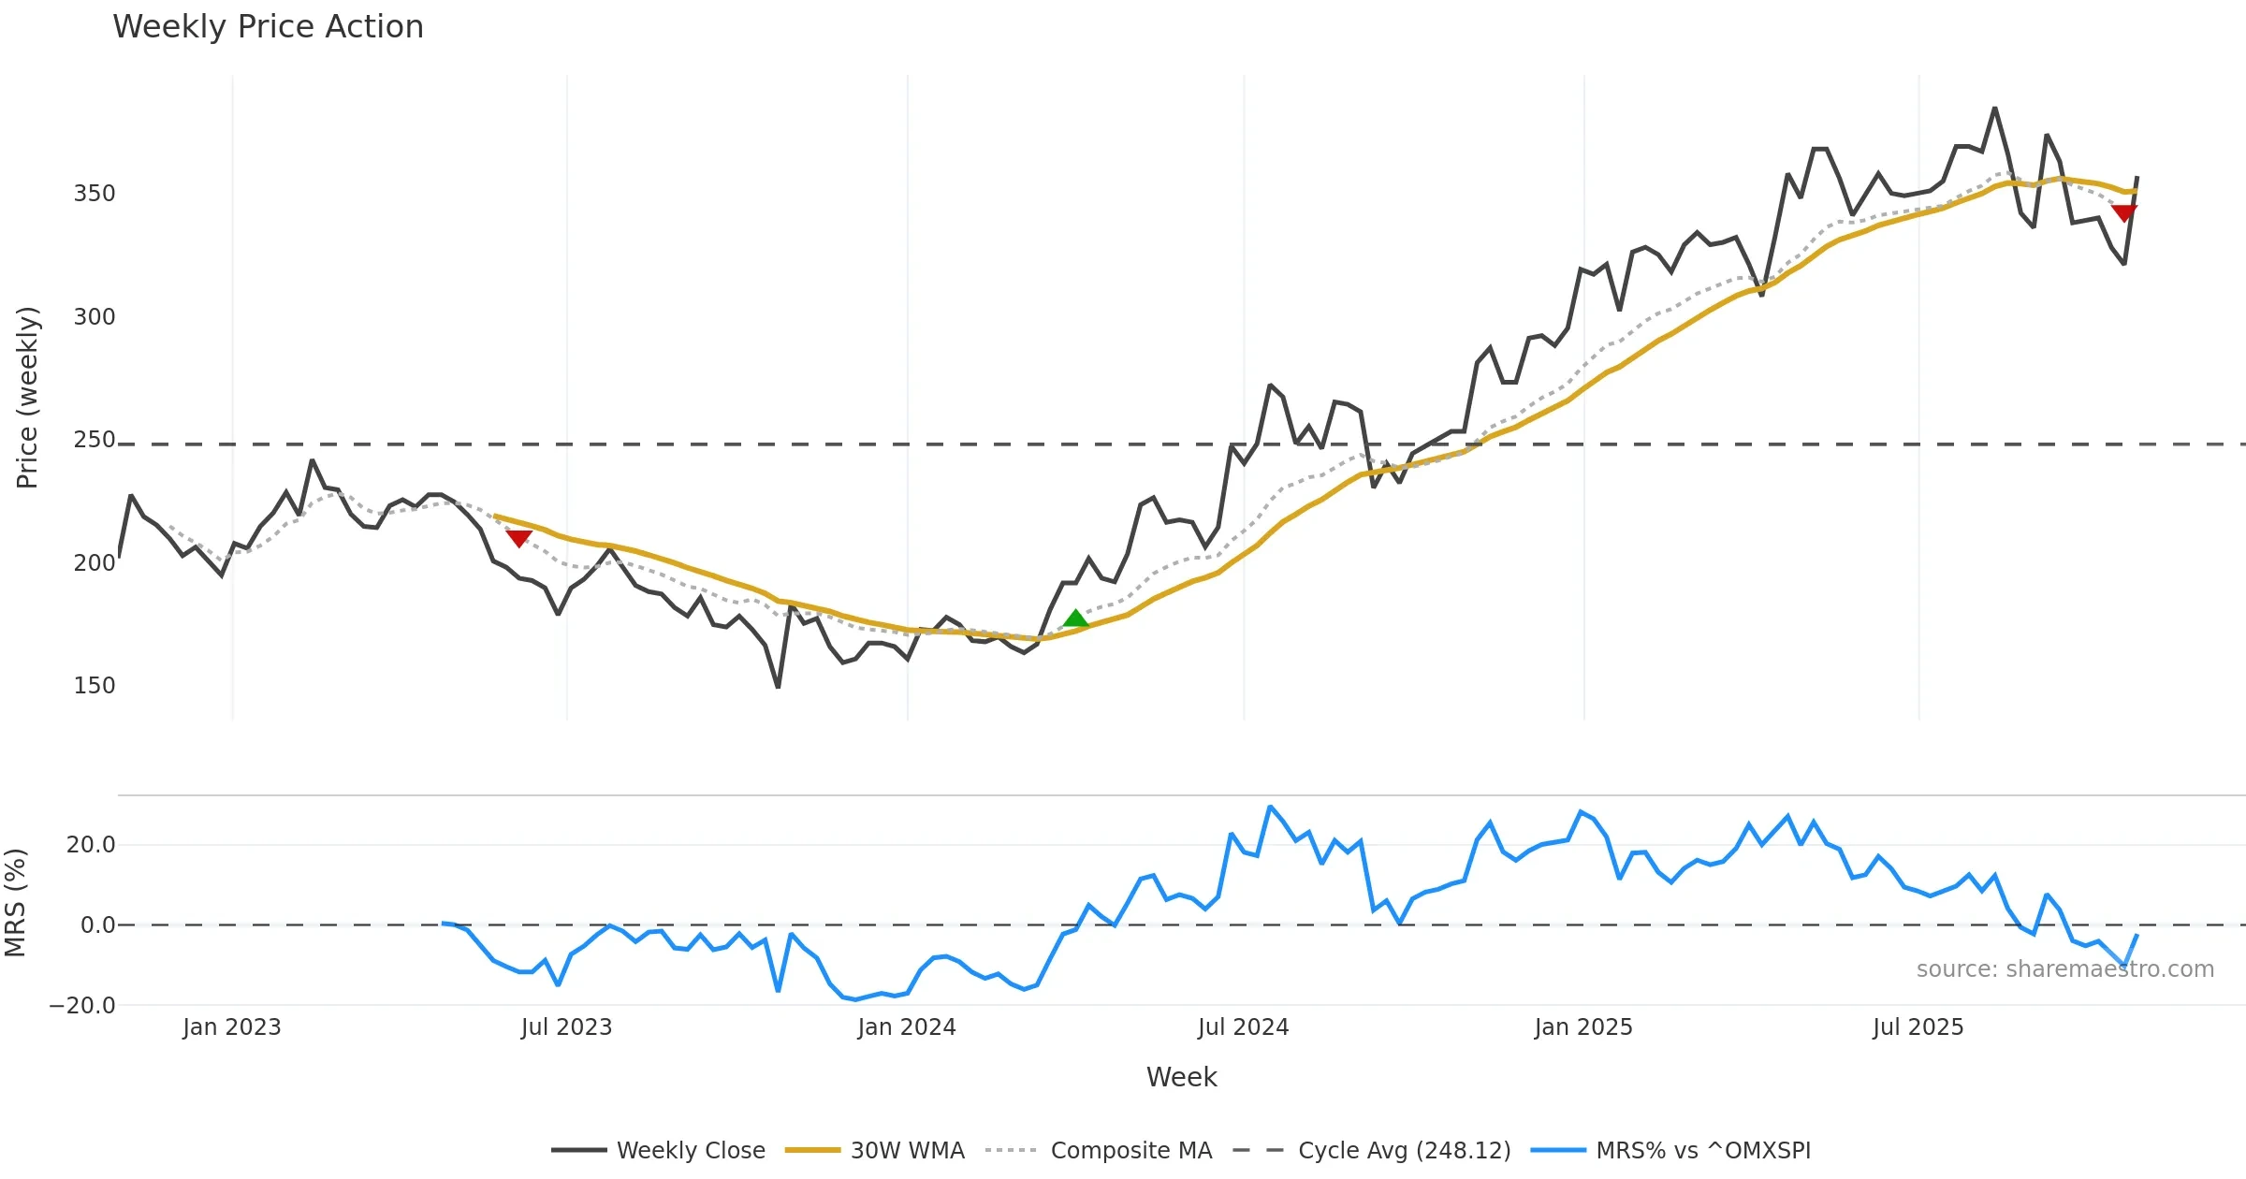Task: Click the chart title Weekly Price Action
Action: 268,27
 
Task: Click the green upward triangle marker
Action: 1076,619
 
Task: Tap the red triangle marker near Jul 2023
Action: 519,538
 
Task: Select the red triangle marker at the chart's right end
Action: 2124,213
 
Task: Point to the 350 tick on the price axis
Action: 95,194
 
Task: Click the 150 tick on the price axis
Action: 95,686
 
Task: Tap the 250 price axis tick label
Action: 95,440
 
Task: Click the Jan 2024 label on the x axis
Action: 906,1027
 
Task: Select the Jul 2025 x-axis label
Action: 1918,1027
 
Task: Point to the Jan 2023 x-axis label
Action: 231,1027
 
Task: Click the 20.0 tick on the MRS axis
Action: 91,845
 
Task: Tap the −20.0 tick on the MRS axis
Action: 82,1006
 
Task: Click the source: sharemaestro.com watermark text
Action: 2064,969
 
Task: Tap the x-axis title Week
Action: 1181,1078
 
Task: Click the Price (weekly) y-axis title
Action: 28,398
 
